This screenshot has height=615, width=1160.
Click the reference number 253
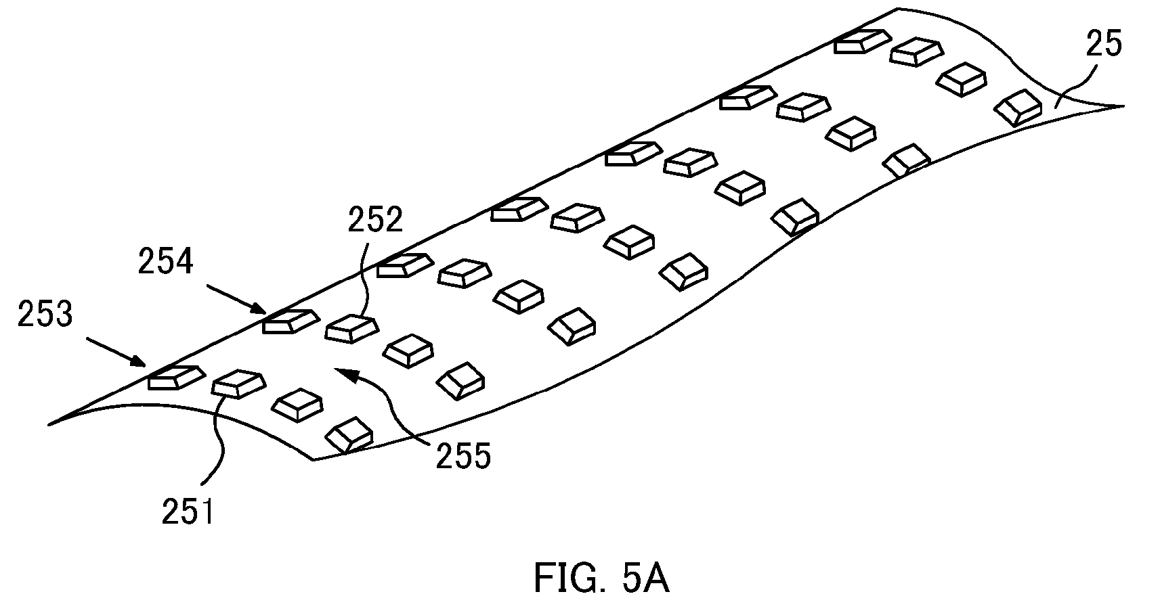[45, 315]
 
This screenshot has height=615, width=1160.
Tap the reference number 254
[166, 262]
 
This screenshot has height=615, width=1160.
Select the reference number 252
[375, 219]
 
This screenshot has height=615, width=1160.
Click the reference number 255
[463, 456]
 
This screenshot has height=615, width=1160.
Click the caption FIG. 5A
[601, 578]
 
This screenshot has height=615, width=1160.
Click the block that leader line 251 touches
[239, 384]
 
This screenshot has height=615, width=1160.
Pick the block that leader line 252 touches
[352, 329]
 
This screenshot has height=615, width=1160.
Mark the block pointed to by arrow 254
[289, 321]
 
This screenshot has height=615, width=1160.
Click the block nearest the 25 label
[1018, 107]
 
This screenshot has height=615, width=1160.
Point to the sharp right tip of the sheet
[1123, 106]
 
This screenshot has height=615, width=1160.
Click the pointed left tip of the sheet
[49, 425]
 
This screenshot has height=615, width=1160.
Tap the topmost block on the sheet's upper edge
[863, 41]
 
